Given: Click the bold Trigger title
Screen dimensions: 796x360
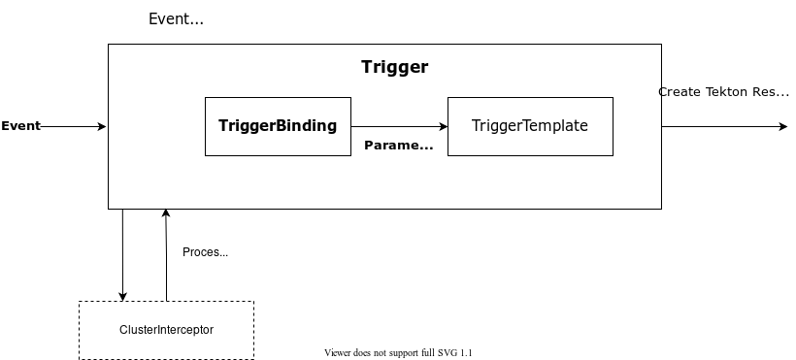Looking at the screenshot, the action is click(x=394, y=67).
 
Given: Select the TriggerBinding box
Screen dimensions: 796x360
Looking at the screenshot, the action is click(x=278, y=126).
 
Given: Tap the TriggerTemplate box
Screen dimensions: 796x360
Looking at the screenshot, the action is click(x=530, y=126).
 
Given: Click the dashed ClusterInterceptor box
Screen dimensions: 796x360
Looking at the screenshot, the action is click(x=166, y=330).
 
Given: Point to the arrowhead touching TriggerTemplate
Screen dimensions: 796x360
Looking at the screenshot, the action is click(x=444, y=126).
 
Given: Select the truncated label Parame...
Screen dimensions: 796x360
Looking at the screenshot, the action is click(x=398, y=146).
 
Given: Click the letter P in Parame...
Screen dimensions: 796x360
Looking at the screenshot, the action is click(x=369, y=146).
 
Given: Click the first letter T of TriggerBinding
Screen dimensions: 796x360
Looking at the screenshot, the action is click(x=223, y=125).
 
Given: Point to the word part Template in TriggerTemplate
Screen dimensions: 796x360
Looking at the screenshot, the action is click(x=556, y=126).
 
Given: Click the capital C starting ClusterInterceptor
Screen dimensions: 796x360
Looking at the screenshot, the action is click(x=123, y=330).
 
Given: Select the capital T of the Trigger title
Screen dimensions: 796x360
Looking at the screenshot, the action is click(x=366, y=67).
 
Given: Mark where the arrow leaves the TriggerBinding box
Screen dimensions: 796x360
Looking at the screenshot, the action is click(x=351, y=126).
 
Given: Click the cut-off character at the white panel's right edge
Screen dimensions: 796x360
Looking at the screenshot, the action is click(x=660, y=92).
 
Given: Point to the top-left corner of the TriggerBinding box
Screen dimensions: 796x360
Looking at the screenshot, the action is click(x=205, y=97).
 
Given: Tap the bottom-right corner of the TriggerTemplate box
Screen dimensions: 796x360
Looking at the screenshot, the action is click(x=613, y=155).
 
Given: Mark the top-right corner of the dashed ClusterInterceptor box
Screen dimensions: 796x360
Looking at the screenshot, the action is click(x=253, y=302).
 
